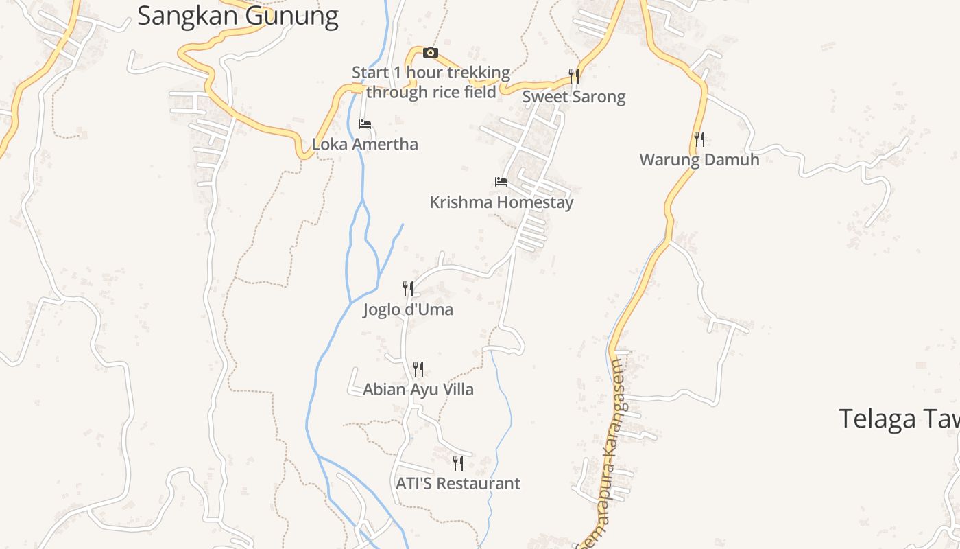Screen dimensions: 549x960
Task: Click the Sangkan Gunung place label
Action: pos(238,15)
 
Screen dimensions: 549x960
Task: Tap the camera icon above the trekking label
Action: pos(430,53)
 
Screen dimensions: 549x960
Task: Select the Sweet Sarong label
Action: pos(574,97)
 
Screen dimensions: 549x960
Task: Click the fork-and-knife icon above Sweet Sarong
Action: pos(574,75)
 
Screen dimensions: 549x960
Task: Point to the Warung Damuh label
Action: pos(699,160)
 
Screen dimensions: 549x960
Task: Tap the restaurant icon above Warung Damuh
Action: pos(699,139)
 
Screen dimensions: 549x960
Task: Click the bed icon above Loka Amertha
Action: pos(365,124)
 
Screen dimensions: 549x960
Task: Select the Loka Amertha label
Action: pos(365,145)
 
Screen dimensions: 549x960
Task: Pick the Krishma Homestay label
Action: pos(501,202)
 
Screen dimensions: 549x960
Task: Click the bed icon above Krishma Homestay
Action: pos(501,182)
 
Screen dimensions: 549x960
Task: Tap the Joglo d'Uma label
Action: pos(408,309)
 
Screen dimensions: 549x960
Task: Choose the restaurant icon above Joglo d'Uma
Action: pos(408,289)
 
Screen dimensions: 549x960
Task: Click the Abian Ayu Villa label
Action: pos(418,390)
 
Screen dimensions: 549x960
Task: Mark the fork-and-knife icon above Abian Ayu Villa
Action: pos(418,369)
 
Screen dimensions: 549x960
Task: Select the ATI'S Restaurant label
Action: pos(458,484)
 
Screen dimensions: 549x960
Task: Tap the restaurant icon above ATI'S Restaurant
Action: pos(458,463)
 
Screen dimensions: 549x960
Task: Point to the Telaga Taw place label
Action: pos(898,418)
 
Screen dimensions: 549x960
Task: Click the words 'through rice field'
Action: pos(431,92)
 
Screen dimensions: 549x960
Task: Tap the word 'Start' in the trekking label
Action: pos(370,73)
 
